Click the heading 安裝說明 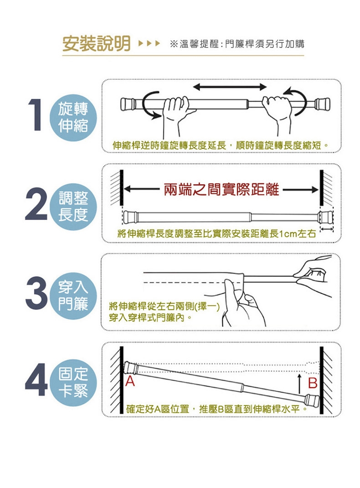tap(96, 44)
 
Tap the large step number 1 tap(36, 114)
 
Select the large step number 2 tap(36, 204)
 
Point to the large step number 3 tap(36, 293)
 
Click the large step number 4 tap(36, 380)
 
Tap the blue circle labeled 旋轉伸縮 tap(73, 117)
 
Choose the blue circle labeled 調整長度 tap(73, 207)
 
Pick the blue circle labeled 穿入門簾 tap(73, 296)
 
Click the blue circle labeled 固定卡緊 tap(73, 383)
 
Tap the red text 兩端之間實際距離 tap(221, 189)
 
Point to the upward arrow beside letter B tap(299, 384)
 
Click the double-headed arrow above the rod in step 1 tap(230, 87)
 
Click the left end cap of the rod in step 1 tap(128, 104)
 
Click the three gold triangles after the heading tap(149, 43)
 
